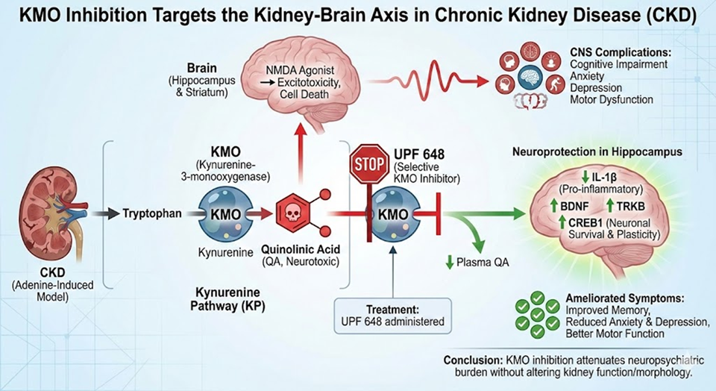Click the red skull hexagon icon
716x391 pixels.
(x=292, y=213)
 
